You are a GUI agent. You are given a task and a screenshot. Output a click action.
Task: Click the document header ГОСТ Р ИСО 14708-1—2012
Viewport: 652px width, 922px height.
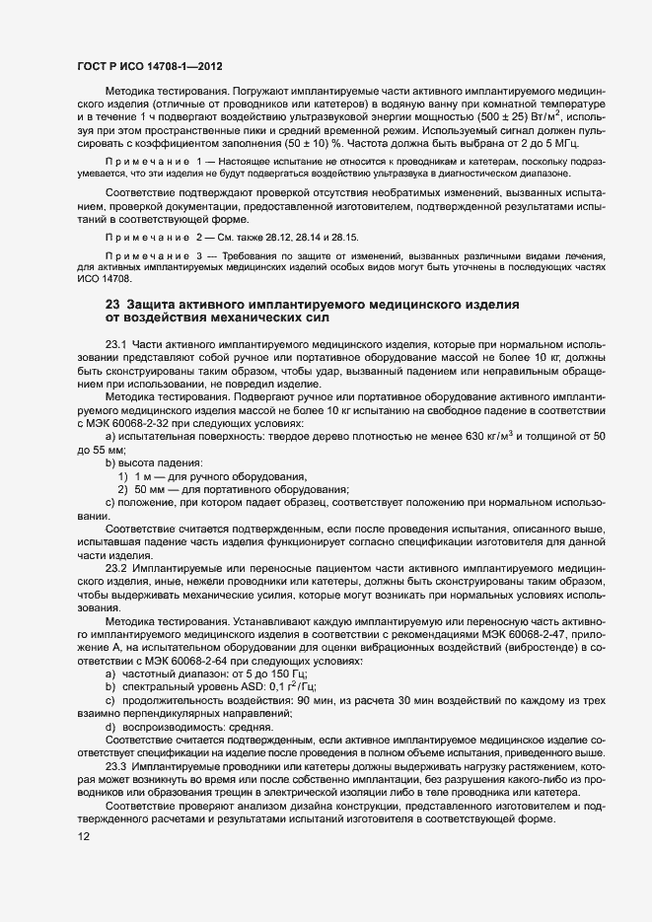click(148, 66)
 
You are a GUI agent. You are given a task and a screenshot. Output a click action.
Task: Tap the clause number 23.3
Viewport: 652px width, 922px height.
click(116, 765)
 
